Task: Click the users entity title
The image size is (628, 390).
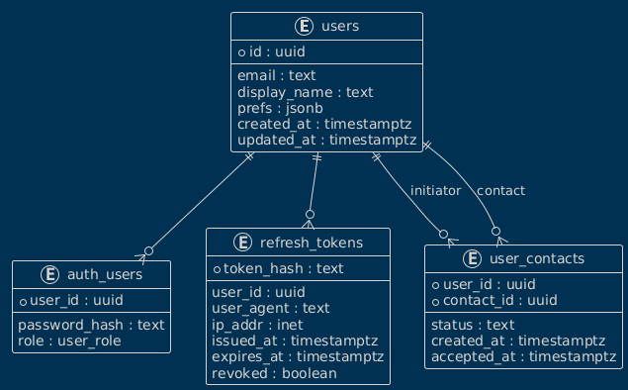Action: click(340, 27)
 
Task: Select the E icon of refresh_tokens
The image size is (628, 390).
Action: click(242, 243)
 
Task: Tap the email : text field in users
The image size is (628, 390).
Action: click(276, 76)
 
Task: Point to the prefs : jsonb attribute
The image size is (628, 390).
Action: click(280, 108)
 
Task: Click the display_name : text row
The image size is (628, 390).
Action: click(306, 92)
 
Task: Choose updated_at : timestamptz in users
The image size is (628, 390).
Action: click(326, 140)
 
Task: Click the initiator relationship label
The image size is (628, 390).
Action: click(435, 191)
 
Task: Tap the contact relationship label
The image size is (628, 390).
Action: click(500, 191)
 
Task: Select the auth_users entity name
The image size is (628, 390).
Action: click(105, 275)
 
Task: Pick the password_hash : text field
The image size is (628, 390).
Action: click(91, 325)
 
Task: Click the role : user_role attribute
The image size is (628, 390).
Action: click(69, 341)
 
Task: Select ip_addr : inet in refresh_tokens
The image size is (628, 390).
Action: click(257, 325)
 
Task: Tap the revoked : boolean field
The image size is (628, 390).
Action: click(274, 373)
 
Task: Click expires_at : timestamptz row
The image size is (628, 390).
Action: click(298, 356)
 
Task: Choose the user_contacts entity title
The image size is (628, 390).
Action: click(537, 259)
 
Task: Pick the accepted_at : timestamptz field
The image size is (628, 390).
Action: click(523, 356)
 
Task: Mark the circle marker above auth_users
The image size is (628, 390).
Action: click(148, 251)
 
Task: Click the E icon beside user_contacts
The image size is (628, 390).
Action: click(473, 259)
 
